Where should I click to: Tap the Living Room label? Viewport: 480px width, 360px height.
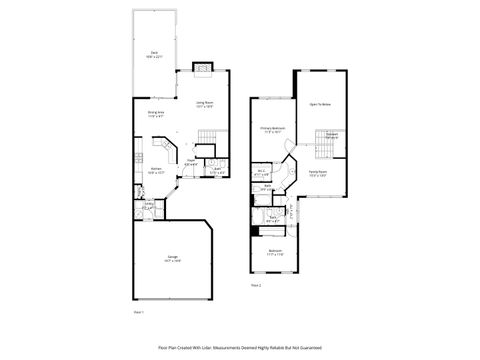point(205,102)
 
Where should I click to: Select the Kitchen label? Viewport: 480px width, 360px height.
point(156,169)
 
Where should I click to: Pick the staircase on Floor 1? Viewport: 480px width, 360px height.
point(207,137)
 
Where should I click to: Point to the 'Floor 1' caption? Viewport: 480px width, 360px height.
point(139,312)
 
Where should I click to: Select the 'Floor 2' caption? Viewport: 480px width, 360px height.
point(256,285)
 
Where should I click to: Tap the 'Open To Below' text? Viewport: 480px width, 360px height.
point(320,103)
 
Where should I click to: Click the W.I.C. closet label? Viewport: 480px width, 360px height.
point(261,170)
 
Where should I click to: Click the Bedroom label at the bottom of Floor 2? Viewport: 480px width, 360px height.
point(274,250)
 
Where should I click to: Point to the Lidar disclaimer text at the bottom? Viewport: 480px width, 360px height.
point(240,346)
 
